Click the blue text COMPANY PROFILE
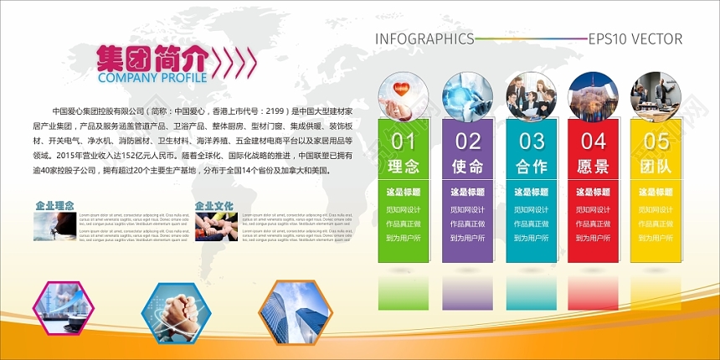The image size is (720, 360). point(152,78)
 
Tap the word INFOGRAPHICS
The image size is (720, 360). point(424,39)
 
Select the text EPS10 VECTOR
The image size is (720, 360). point(635,39)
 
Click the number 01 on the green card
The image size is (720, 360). point(404,141)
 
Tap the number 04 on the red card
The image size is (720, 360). point(594,141)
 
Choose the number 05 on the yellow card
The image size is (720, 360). point(656,141)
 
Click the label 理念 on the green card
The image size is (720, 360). point(404,166)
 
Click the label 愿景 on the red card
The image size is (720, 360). point(594,166)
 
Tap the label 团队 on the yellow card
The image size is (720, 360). point(656,166)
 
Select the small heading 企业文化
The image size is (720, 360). point(213,205)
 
